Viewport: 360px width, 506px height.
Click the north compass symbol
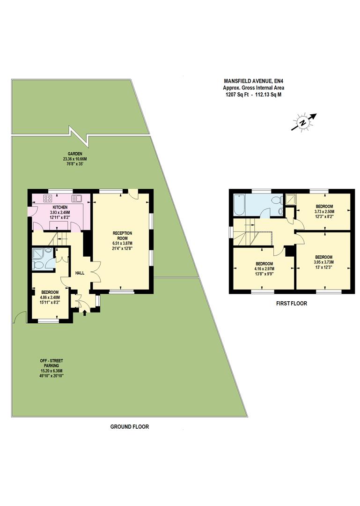(303, 122)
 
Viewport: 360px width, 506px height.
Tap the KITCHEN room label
(60, 207)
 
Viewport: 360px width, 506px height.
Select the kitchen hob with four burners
(48, 198)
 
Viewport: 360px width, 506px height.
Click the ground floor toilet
(38, 265)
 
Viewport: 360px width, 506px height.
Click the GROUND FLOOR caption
(129, 426)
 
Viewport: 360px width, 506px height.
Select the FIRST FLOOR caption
(291, 303)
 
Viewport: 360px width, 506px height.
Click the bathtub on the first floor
(239, 205)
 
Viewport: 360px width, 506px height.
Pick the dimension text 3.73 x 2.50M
(324, 212)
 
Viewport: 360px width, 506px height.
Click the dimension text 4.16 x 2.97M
(264, 269)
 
